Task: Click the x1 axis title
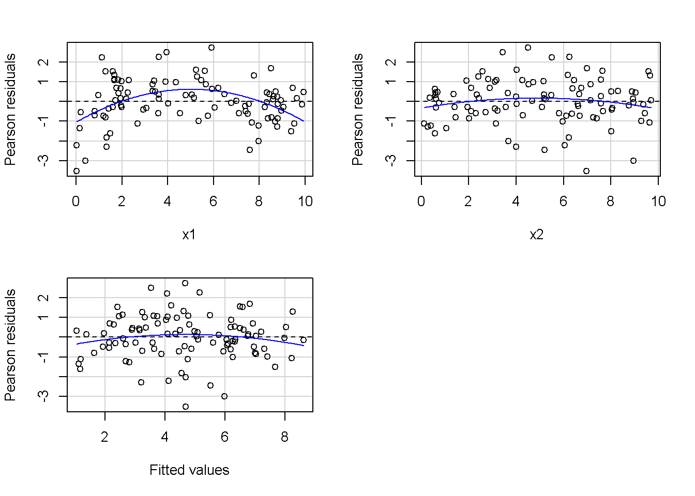click(189, 235)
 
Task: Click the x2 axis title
click(537, 235)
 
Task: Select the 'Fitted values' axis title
click(189, 470)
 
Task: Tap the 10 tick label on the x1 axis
click(305, 202)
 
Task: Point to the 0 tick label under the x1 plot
click(76, 202)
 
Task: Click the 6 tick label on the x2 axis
click(563, 202)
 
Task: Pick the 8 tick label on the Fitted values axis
click(284, 437)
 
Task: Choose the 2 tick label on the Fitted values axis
click(105, 437)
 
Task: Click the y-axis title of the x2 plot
click(357, 110)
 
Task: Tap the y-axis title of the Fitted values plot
click(10, 345)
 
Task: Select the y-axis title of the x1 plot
click(10, 110)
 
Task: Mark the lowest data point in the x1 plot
click(77, 171)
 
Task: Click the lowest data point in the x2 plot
click(586, 171)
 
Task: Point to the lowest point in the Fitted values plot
click(186, 407)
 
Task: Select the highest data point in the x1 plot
click(211, 48)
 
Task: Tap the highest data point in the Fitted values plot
click(185, 283)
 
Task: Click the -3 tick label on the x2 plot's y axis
click(392, 161)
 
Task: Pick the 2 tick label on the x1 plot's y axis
click(44, 62)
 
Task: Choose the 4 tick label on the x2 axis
click(516, 202)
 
